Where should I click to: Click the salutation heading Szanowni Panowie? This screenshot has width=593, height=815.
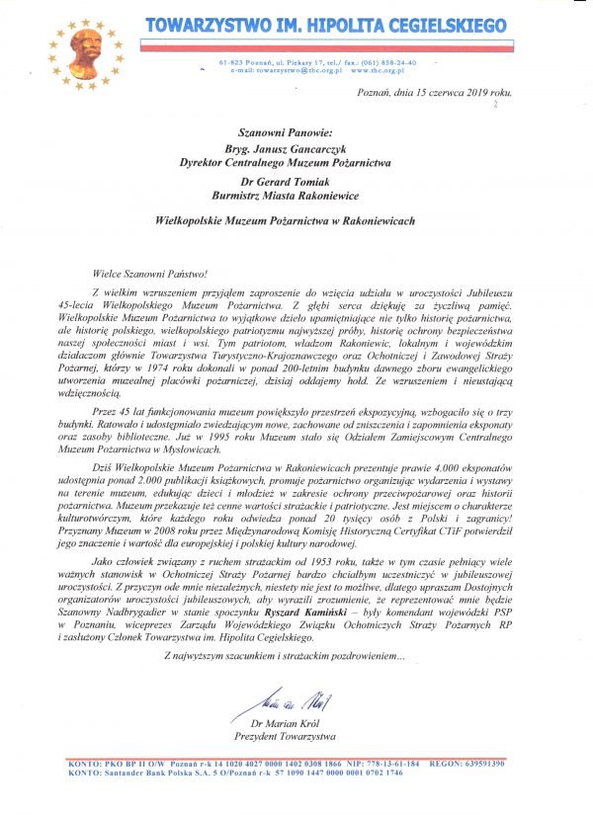click(280, 128)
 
